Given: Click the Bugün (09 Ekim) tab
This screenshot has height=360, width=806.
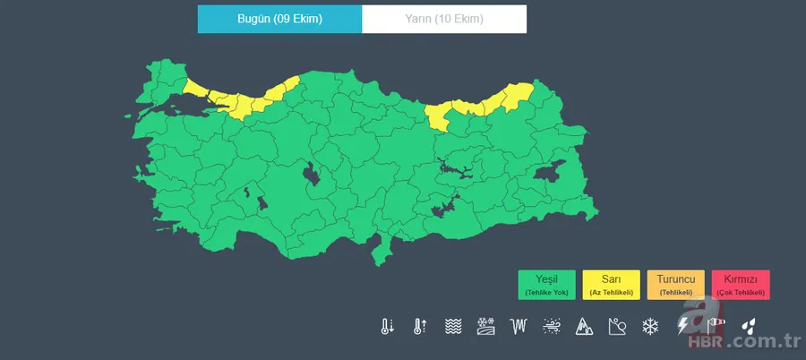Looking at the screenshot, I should pyautogui.click(x=279, y=19).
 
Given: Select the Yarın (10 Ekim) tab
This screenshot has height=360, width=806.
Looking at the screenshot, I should pyautogui.click(x=444, y=19).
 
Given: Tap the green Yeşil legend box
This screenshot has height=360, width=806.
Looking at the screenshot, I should pyautogui.click(x=546, y=284).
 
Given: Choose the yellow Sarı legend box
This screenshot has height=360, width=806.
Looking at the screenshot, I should pyautogui.click(x=611, y=284).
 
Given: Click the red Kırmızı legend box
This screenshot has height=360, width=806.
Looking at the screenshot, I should pyautogui.click(x=741, y=284).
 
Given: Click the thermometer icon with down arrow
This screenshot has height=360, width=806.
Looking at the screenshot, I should pyautogui.click(x=386, y=326).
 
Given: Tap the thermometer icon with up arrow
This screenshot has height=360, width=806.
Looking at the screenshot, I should pyautogui.click(x=419, y=326).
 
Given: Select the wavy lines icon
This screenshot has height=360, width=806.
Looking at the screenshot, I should pyautogui.click(x=453, y=326).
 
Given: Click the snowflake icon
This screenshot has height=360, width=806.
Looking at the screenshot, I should pyautogui.click(x=649, y=326).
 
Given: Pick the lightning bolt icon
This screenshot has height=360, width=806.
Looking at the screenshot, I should pyautogui.click(x=683, y=326).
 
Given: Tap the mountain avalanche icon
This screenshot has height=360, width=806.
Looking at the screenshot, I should pyautogui.click(x=584, y=326).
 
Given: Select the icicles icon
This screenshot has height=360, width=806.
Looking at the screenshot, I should pyautogui.click(x=519, y=326).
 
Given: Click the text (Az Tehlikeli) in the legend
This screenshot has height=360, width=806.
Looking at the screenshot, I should pyautogui.click(x=611, y=293).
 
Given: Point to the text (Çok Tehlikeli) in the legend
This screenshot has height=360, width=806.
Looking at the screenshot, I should pyautogui.click(x=741, y=293).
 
